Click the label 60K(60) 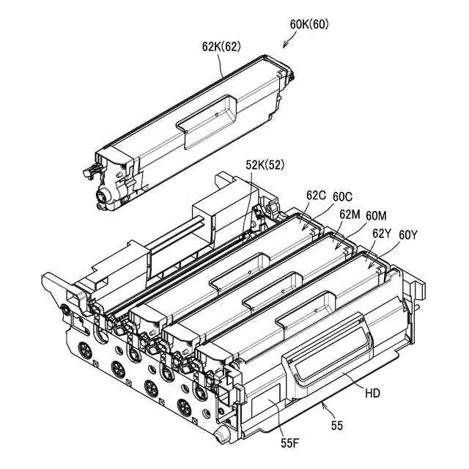pyautogui.click(x=309, y=24)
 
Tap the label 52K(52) pyautogui.click(x=264, y=165)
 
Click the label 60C pyautogui.click(x=344, y=196)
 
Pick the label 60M pyautogui.click(x=377, y=215)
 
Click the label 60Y pyautogui.click(x=408, y=234)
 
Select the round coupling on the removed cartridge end pyautogui.click(x=107, y=196)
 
